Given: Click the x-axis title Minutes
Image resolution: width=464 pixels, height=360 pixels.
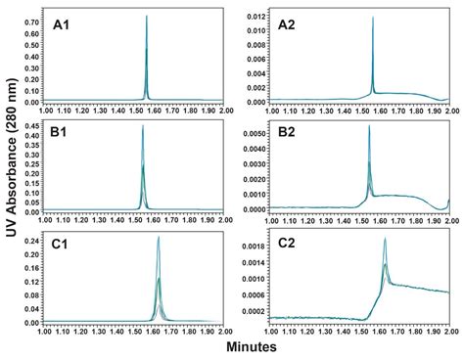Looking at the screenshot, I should click(249, 347).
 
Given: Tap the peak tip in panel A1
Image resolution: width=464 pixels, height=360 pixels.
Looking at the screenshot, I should click(146, 16).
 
